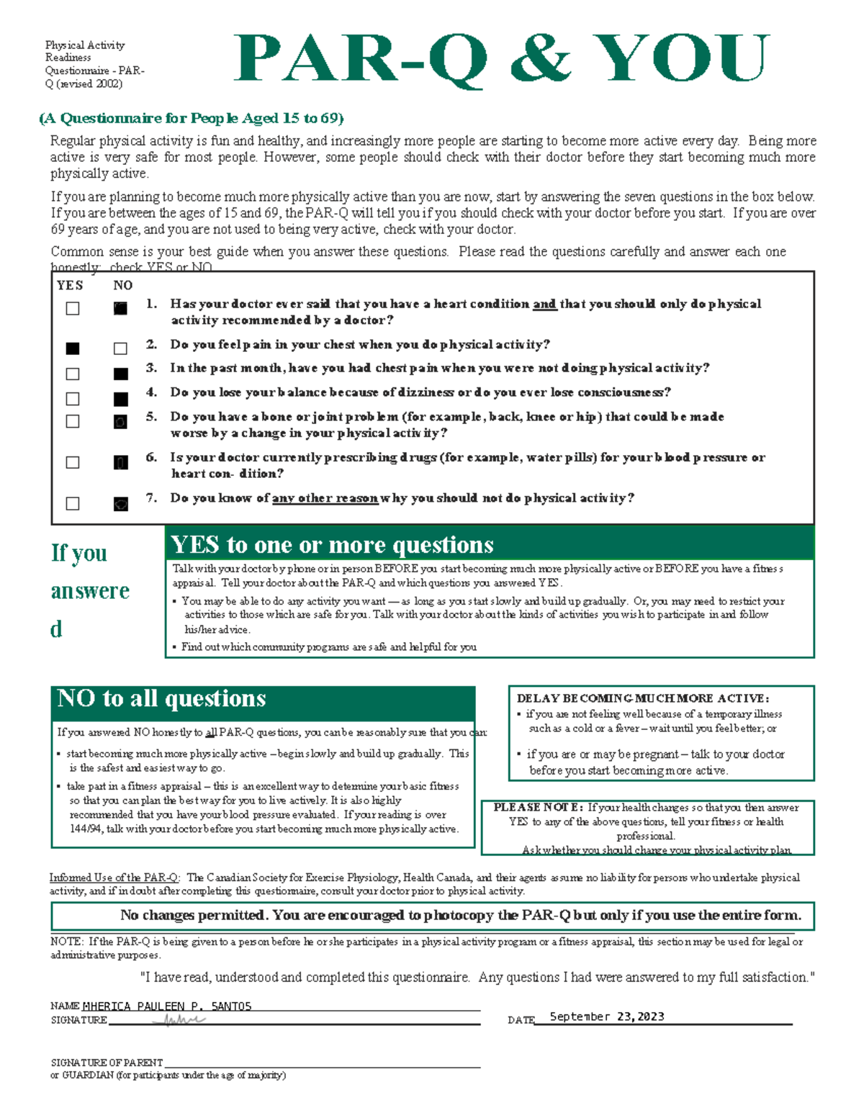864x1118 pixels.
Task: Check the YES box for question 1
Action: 73,308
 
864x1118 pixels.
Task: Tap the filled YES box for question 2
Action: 73,348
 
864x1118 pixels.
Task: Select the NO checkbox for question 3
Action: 121,374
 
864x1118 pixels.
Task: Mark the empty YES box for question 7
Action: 73,503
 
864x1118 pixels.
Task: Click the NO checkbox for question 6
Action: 121,462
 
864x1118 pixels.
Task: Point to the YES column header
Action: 70,285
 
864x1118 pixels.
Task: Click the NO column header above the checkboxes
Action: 122,285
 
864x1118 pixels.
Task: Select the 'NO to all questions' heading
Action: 161,698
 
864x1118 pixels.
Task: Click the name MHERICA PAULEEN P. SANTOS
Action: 167,1006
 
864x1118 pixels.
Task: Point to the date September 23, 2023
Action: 607,1016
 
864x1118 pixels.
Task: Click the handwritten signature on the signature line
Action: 184,1020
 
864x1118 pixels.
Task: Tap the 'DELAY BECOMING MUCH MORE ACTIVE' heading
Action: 643,698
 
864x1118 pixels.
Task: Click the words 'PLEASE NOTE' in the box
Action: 537,808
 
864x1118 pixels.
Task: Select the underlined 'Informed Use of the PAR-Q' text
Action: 114,878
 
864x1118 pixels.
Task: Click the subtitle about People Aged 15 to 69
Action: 192,118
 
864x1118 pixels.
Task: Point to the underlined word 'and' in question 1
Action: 544,304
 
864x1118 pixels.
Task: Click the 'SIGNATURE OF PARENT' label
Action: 107,1063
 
